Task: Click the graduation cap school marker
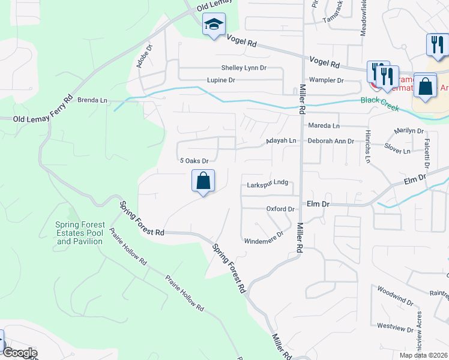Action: click(214, 25)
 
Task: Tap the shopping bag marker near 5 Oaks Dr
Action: click(203, 181)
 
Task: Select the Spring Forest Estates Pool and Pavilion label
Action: click(80, 233)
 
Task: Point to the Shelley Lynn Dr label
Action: click(244, 68)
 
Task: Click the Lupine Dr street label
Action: click(221, 80)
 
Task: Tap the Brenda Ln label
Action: click(92, 100)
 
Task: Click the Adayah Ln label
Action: click(282, 141)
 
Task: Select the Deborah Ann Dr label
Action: click(331, 141)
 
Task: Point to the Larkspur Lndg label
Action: click(268, 184)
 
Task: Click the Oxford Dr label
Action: click(280, 209)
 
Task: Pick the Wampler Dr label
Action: click(326, 80)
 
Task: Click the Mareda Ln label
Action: click(324, 126)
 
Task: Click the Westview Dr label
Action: click(392, 328)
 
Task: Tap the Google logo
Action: click(19, 353)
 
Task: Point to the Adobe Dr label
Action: click(143, 56)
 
